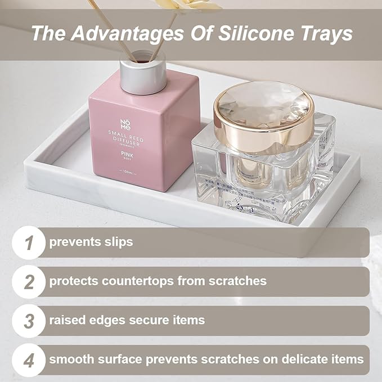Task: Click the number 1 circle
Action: point(28,242)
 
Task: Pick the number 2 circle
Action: point(28,281)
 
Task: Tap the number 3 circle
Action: point(28,320)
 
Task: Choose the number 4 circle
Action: point(28,359)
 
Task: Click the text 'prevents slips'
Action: point(91,242)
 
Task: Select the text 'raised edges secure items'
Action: point(127,320)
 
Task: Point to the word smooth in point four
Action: point(70,359)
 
